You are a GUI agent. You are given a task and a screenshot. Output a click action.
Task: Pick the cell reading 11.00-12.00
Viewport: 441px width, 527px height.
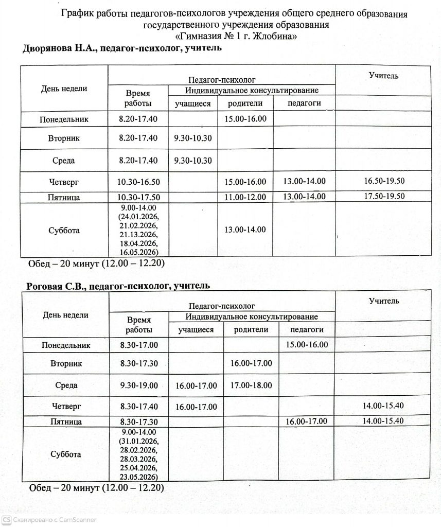click(x=245, y=197)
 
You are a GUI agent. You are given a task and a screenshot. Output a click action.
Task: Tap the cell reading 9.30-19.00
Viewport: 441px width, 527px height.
click(x=138, y=385)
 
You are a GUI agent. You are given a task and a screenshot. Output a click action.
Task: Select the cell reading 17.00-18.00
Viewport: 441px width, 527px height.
click(x=251, y=385)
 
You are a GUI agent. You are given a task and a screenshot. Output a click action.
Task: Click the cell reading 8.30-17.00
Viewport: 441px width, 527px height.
click(x=138, y=345)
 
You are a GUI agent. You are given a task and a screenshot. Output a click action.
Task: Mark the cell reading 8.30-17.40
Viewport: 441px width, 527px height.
click(x=138, y=406)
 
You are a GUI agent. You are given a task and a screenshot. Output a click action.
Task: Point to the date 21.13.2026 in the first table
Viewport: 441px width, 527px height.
click(x=138, y=234)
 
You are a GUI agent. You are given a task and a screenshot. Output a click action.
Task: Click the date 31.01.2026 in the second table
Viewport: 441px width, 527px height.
click(x=139, y=441)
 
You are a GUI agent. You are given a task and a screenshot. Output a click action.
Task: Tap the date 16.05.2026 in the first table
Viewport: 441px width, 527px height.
click(x=138, y=252)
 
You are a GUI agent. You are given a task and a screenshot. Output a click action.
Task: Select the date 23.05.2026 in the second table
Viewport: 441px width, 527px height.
click(x=139, y=476)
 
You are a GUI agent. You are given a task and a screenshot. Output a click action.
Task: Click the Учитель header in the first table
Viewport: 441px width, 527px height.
click(x=383, y=76)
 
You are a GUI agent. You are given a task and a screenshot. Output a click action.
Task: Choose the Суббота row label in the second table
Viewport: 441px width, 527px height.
click(x=65, y=454)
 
